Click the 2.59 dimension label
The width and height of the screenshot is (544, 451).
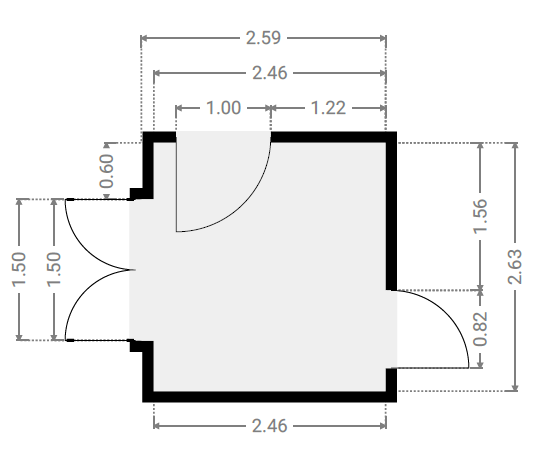click(x=263, y=38)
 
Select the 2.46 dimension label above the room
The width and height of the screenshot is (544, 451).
click(x=270, y=73)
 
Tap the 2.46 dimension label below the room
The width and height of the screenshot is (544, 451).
click(x=270, y=426)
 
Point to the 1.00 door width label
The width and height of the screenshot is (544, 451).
click(x=223, y=108)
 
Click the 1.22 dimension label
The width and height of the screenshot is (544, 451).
click(x=328, y=108)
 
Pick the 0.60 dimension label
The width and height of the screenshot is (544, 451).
click(x=107, y=171)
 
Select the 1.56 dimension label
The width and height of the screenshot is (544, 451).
click(x=481, y=216)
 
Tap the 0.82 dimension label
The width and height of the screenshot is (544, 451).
click(x=481, y=329)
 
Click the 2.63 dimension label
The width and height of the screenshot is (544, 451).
click(x=515, y=266)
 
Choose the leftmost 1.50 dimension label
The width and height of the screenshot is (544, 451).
click(x=19, y=270)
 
